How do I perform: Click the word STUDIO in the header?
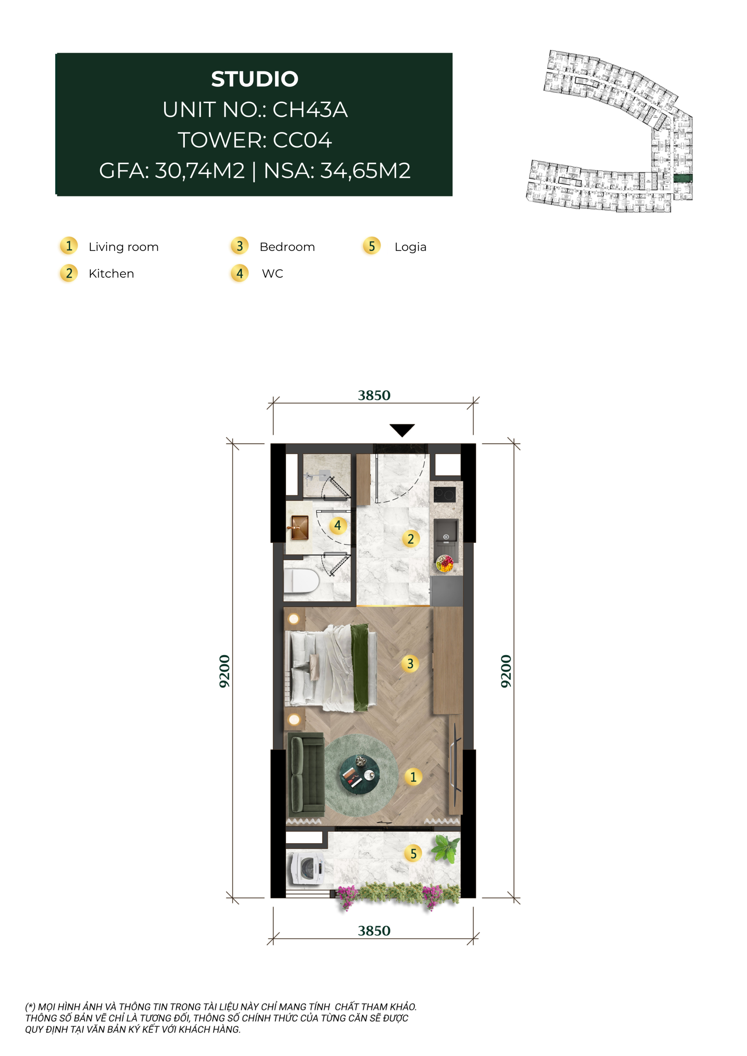[255, 79]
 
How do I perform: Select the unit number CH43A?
[310, 109]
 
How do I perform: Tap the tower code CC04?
[302, 140]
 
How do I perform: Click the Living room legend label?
[124, 247]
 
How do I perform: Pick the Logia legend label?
[410, 247]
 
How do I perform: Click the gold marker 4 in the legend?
[240, 273]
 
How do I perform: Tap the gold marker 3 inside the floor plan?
[410, 664]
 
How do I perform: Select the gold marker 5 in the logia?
[413, 853]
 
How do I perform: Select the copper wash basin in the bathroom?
[299, 528]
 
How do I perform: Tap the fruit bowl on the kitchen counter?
[445, 563]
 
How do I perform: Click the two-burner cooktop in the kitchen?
[445, 495]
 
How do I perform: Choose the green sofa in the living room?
[305, 772]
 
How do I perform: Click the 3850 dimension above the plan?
[374, 396]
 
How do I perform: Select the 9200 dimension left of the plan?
[224, 671]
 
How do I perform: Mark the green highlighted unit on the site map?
[683, 178]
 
